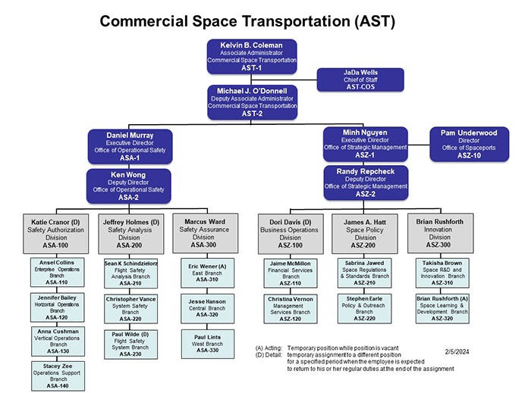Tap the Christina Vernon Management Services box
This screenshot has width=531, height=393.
coord(291,309)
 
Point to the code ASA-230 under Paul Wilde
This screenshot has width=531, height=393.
coord(131,354)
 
